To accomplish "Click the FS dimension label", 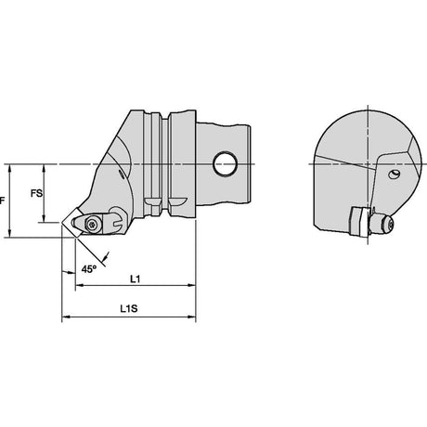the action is pyautogui.click(x=36, y=193).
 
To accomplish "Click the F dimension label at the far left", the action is pyautogui.click(x=2, y=201).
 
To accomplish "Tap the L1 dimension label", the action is pyautogui.click(x=135, y=279).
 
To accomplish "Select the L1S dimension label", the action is pyautogui.click(x=129, y=308).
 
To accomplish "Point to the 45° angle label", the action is pyautogui.click(x=89, y=269).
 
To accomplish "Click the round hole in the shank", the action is pyautogui.click(x=226, y=163).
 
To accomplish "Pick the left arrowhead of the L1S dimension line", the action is pyautogui.click(x=66, y=317).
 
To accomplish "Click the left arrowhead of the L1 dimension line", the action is pyautogui.click(x=79, y=285).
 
